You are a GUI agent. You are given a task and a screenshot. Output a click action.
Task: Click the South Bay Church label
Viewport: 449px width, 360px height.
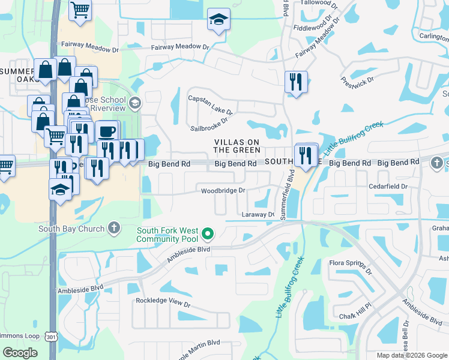71,228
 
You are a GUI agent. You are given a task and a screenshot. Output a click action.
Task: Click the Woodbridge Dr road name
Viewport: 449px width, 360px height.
223,191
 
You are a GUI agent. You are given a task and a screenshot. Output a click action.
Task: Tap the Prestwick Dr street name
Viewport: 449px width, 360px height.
358,80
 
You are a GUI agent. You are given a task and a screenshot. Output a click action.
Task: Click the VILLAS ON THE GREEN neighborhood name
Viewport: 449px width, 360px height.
237,146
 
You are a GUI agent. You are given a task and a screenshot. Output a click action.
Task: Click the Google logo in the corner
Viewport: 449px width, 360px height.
20,353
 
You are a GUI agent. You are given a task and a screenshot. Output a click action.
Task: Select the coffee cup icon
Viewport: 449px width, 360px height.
107,131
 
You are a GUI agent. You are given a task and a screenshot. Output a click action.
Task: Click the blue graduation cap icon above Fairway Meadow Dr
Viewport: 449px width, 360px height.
217,20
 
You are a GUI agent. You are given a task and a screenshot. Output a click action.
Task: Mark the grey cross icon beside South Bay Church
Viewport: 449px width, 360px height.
114,228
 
